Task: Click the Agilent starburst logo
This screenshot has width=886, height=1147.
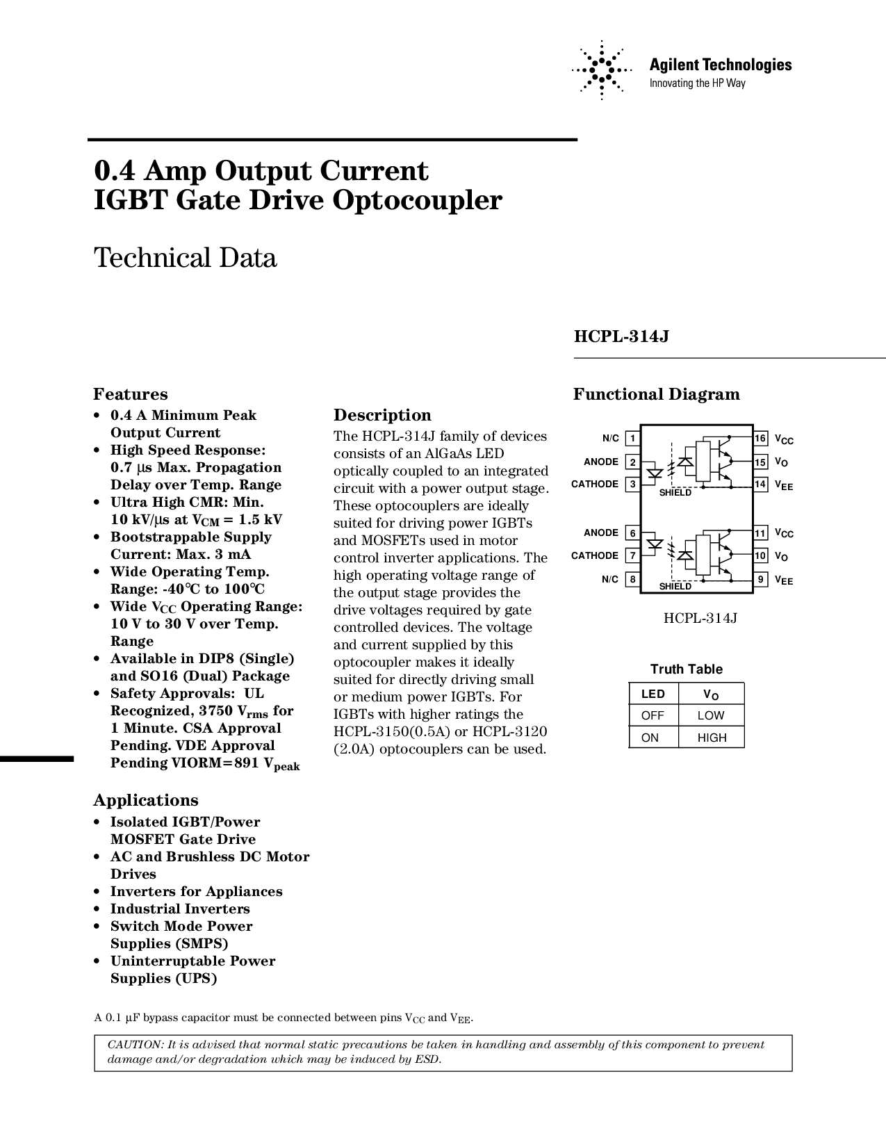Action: tap(602, 70)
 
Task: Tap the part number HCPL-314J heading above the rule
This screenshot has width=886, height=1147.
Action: tap(621, 336)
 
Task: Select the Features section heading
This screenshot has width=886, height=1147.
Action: tap(131, 394)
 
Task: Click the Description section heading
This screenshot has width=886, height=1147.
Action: tap(382, 415)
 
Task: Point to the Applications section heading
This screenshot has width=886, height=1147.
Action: tap(146, 800)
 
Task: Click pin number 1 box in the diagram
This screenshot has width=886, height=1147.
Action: tap(632, 438)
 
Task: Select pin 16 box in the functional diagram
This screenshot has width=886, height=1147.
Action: tap(760, 438)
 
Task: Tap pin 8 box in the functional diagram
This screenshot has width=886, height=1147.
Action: tap(632, 579)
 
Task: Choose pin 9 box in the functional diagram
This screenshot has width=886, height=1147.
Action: tap(760, 579)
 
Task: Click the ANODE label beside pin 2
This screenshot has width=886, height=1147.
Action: tap(601, 462)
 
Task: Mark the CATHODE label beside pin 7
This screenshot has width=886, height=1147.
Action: tap(595, 555)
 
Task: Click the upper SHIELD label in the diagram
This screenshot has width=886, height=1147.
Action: tap(675, 493)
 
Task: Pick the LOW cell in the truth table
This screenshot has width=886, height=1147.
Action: tap(711, 715)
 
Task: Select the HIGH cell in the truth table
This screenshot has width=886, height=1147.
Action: tap(712, 738)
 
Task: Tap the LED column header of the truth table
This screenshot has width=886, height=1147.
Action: tap(653, 694)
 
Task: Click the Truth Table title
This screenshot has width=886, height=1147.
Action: tap(687, 669)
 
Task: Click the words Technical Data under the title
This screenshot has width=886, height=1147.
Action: tap(185, 258)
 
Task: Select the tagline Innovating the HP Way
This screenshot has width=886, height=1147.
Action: tap(697, 83)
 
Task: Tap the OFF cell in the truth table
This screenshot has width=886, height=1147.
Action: tap(653, 715)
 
